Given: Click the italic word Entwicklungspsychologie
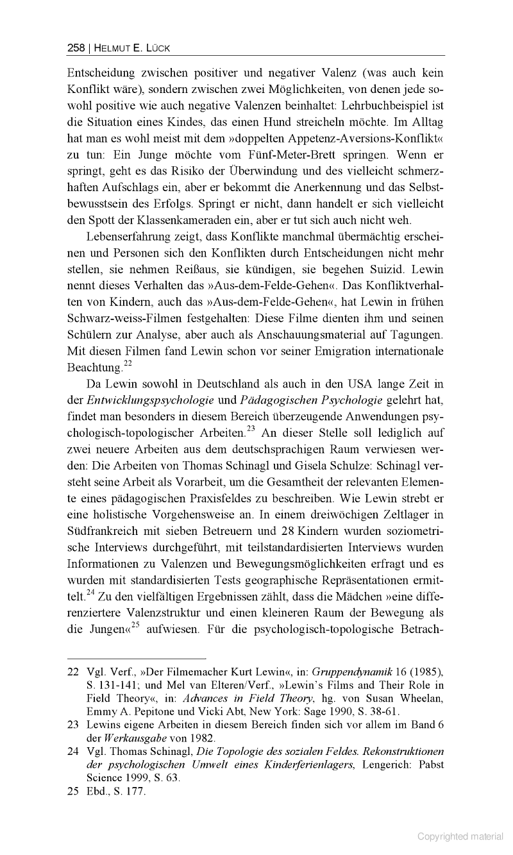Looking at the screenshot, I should pos(154,401).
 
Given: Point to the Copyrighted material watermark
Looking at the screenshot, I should pos(460,836).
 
